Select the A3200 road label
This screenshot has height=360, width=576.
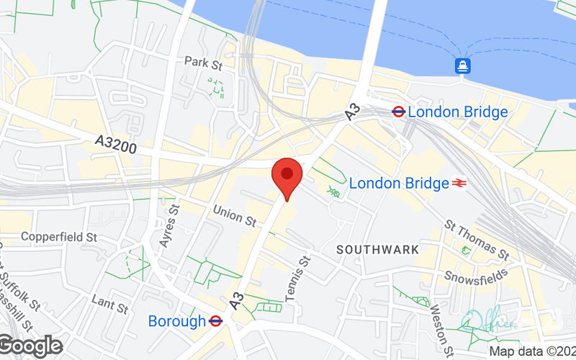[115, 144]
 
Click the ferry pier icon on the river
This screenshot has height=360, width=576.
[462, 66]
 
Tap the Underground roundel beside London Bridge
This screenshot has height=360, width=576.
[397, 112]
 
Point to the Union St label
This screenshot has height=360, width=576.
[235, 215]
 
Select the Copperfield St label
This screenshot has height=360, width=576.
[58, 236]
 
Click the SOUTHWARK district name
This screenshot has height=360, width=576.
[378, 249]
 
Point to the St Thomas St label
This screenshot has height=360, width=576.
[477, 240]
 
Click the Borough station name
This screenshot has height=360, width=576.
[177, 321]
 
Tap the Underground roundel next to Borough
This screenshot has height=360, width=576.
[215, 321]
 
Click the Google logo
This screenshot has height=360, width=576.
[30, 346]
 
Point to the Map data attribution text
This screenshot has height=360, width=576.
[532, 352]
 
